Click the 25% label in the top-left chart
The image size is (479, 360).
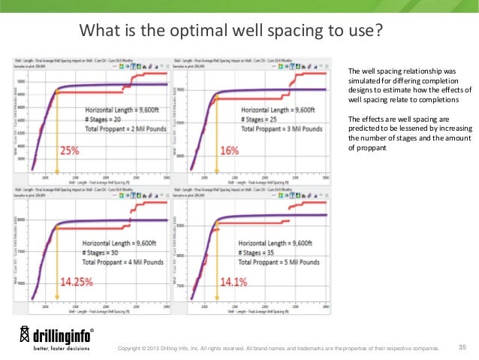click(69, 150)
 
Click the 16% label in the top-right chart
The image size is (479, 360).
click(229, 150)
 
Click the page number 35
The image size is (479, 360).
click(462, 346)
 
